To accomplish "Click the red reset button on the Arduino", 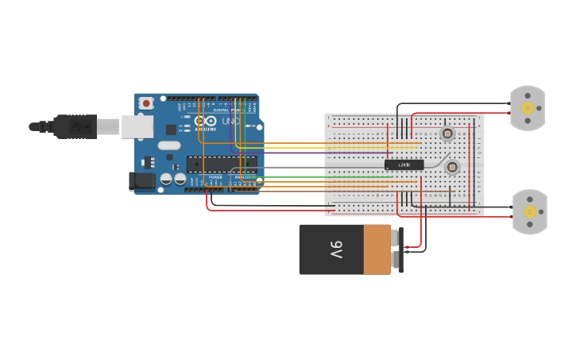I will click(146, 103).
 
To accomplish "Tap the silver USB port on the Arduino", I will click(137, 126).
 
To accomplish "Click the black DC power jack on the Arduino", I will click(142, 181).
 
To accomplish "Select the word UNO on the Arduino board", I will click(230, 121).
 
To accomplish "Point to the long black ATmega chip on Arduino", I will click(222, 164).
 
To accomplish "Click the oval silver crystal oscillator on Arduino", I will click(169, 145).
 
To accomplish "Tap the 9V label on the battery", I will click(336, 250).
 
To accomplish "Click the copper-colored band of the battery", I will click(377, 250).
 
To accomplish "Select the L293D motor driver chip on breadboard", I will click(404, 165).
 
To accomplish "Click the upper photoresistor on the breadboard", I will click(447, 134).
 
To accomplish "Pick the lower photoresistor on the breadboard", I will click(452, 167).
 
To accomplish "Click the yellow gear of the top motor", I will click(528, 108).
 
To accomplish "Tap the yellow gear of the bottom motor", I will click(530, 211).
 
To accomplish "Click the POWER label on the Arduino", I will click(215, 177).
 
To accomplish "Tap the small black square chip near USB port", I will click(171, 130).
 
